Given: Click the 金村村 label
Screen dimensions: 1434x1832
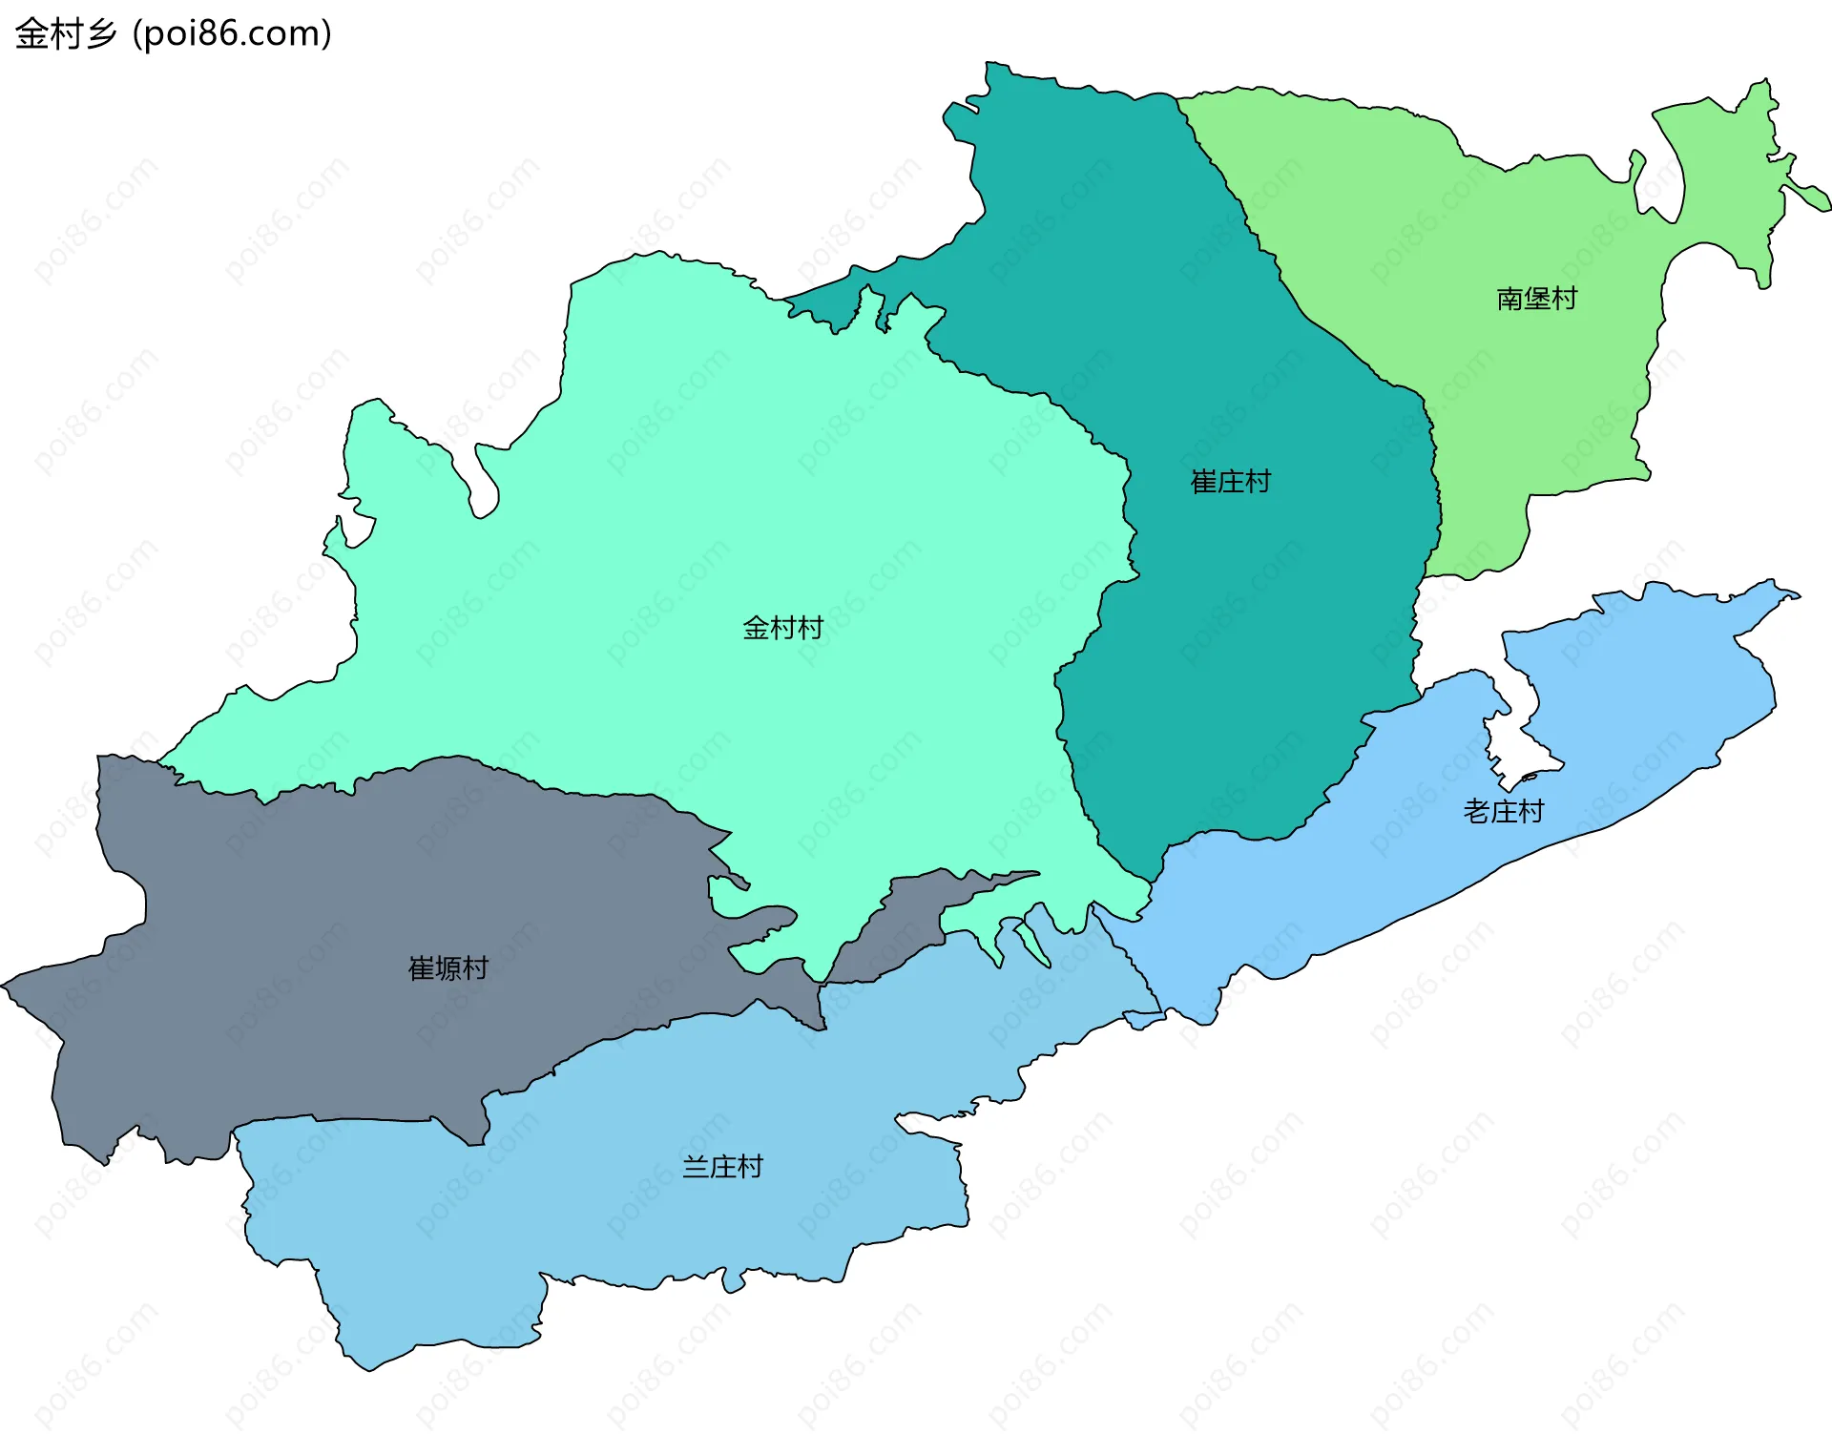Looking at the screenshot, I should pyautogui.click(x=782, y=628).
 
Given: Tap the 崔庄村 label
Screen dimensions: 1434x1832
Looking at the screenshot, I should pyautogui.click(x=1231, y=482).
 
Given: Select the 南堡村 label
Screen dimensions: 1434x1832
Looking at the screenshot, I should pyautogui.click(x=1536, y=299).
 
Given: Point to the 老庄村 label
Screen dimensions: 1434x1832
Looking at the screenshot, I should pyautogui.click(x=1504, y=812).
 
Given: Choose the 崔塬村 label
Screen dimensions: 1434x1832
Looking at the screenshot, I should pyautogui.click(x=448, y=968).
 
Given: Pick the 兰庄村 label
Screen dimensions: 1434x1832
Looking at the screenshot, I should pyautogui.click(x=722, y=1167).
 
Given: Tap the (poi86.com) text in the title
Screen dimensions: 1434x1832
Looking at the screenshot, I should pyautogui.click(x=232, y=33).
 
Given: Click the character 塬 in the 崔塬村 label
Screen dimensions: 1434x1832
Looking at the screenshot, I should pyautogui.click(x=448, y=968).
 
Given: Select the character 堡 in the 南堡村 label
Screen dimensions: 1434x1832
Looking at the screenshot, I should pyautogui.click(x=1536, y=299).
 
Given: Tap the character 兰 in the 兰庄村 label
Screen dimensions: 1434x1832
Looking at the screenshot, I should pyautogui.click(x=696, y=1167).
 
